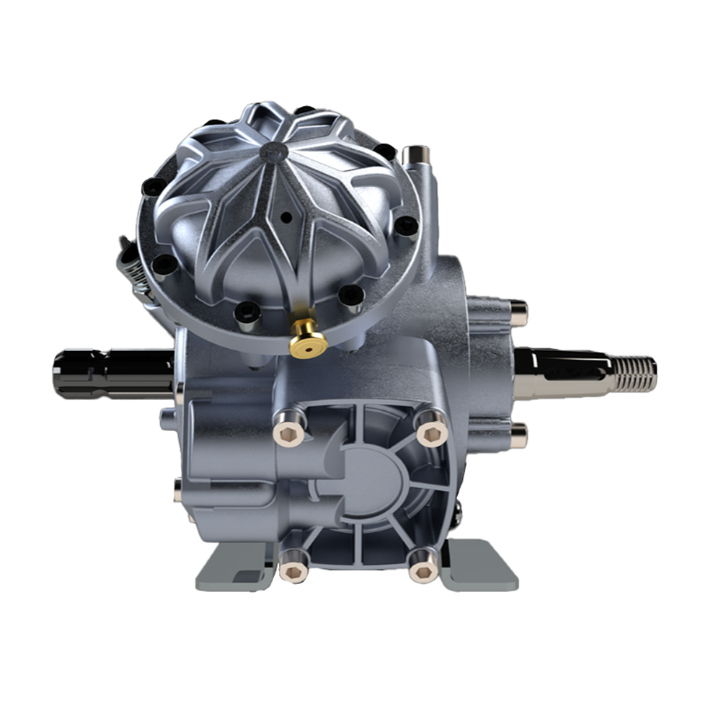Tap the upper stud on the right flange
(518, 312)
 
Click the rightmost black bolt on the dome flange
(407, 224)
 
